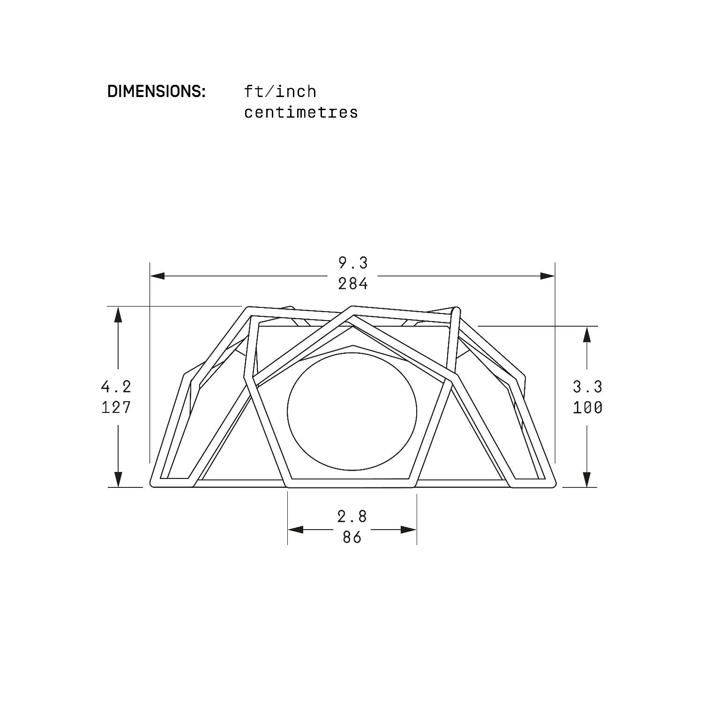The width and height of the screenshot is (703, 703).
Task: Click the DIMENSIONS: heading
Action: coord(157,91)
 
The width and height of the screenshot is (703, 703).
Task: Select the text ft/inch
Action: coord(280,91)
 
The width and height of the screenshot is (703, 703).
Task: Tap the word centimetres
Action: coord(301,112)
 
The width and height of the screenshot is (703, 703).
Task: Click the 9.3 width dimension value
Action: coord(353,263)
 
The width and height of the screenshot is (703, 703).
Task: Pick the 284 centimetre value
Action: coord(353,284)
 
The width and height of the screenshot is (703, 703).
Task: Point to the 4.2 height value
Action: coord(116,387)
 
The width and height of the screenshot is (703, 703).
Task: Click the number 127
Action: coord(116,407)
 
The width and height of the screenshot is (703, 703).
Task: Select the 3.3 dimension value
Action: coord(588,387)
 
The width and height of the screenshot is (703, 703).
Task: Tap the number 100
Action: coord(588,407)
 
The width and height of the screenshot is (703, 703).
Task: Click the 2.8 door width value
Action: coord(352,516)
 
